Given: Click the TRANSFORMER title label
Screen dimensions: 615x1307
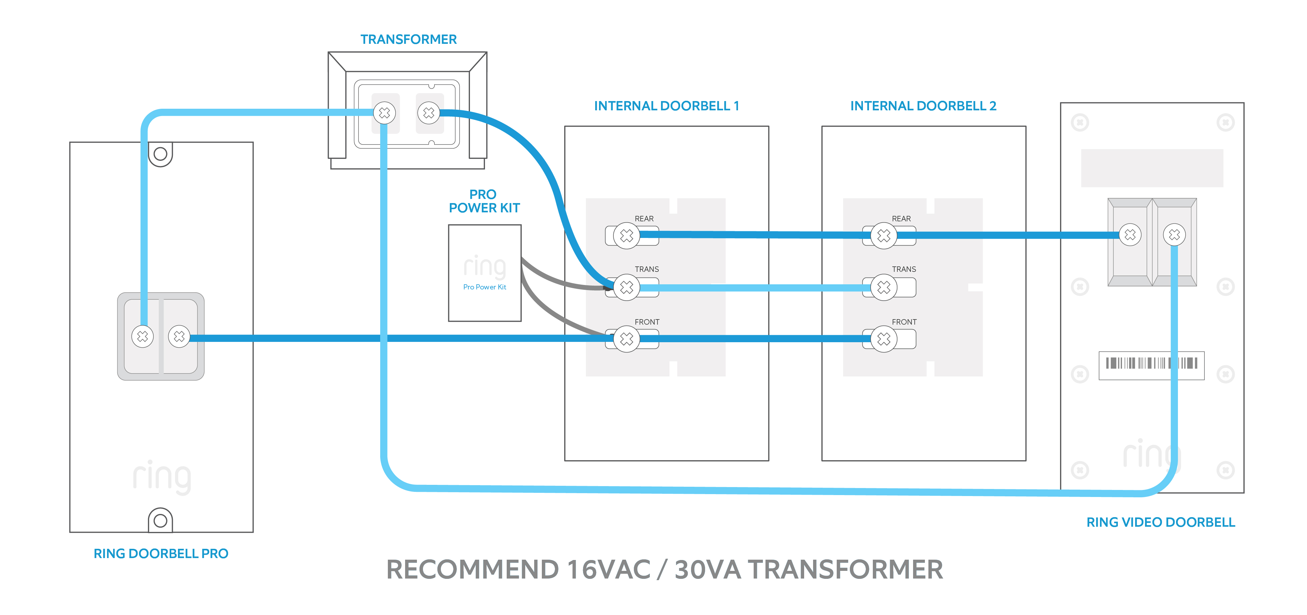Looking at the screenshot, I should (408, 40).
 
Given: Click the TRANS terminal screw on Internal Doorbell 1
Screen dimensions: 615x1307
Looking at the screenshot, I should (627, 288).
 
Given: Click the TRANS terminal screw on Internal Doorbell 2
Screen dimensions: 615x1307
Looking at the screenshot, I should (884, 288).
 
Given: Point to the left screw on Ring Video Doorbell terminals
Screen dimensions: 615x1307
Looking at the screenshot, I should (1130, 235).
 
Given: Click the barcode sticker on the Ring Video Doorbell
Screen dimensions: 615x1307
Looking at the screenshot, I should (1151, 365).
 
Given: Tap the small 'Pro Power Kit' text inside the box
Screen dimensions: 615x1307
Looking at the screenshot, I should (485, 287).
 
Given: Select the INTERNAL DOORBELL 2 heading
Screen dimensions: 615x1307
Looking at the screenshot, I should (923, 106).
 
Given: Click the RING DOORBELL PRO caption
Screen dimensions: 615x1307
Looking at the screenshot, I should (161, 554).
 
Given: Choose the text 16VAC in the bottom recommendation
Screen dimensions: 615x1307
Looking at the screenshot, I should (608, 569).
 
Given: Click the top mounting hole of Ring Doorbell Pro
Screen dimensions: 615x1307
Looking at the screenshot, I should (160, 154).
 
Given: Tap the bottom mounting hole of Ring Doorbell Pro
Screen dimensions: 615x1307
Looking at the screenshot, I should (160, 521).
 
